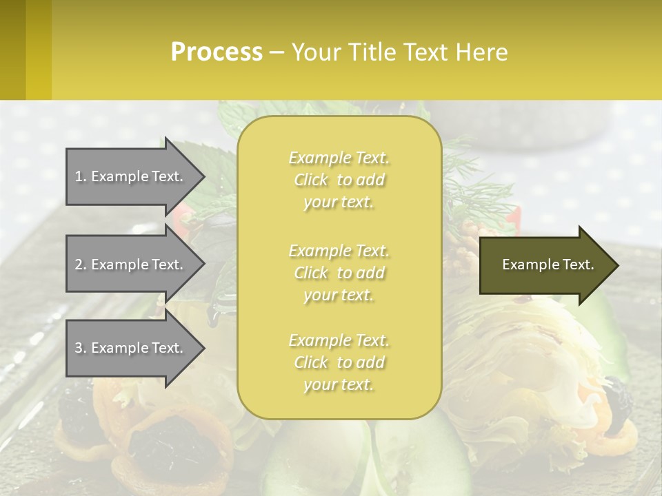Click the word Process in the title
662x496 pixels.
click(217, 52)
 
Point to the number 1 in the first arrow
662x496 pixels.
click(79, 176)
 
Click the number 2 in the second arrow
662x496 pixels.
click(79, 265)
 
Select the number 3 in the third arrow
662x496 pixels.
click(79, 348)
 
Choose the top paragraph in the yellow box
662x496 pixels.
click(339, 180)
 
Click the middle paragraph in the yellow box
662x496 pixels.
click(339, 273)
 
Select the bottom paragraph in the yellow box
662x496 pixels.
click(339, 362)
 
